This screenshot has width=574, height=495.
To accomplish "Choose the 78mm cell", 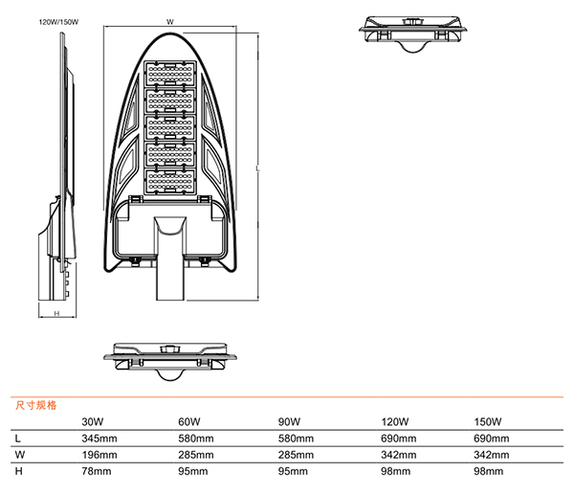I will point(97,471).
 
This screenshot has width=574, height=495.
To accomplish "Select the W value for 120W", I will point(399,455).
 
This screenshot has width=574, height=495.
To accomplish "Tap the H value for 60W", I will point(192,471).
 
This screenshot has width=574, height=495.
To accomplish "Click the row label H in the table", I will point(18,471).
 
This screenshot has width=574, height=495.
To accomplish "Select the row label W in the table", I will point(19,455).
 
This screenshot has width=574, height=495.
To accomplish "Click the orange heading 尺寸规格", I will point(36,405).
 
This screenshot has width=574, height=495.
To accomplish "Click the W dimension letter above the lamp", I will point(169,20).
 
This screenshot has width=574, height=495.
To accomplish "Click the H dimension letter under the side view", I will point(55,314).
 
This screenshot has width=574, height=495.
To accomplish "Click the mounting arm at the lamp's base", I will point(169,259).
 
